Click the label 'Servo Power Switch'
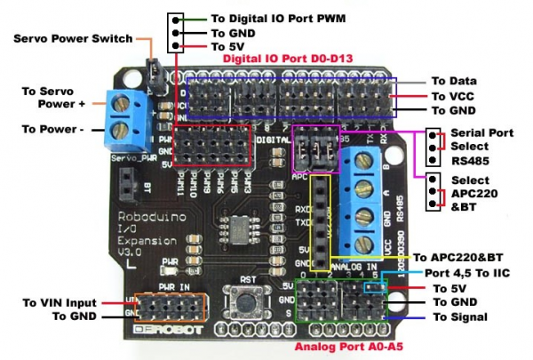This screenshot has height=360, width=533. click(73, 39)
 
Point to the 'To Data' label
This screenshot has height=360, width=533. click(455, 81)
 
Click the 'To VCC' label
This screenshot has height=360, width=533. click(454, 96)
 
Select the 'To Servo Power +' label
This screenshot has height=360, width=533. click(52, 99)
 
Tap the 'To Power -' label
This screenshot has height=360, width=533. click(54, 130)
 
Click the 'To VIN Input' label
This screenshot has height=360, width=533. click(60, 302)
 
